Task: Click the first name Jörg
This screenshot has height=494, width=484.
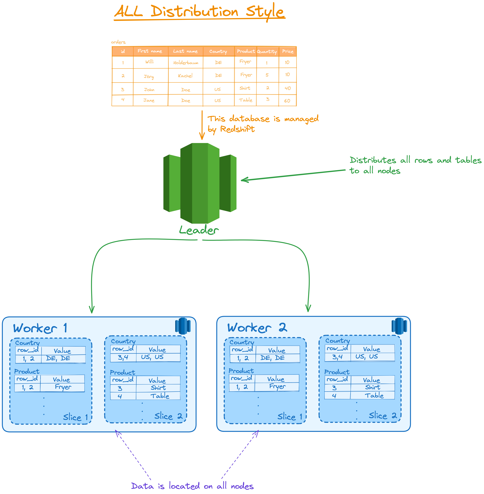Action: pyautogui.click(x=149, y=76)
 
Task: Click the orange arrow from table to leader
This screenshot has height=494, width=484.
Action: pyautogui.click(x=202, y=125)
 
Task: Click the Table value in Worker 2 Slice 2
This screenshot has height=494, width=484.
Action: pyautogui.click(x=374, y=395)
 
